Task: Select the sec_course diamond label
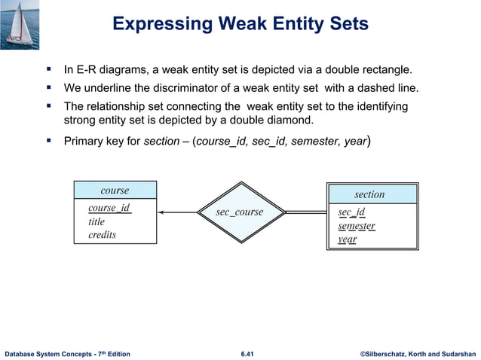tap(240, 212)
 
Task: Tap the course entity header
tap(115, 191)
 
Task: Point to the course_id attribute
tap(109, 209)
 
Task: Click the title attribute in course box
tap(97, 222)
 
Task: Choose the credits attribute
tap(102, 235)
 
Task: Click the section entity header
tap(369, 194)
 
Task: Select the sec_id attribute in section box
tap(352, 212)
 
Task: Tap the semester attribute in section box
tap(357, 226)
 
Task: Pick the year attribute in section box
tap(348, 239)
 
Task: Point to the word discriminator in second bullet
tap(186, 89)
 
